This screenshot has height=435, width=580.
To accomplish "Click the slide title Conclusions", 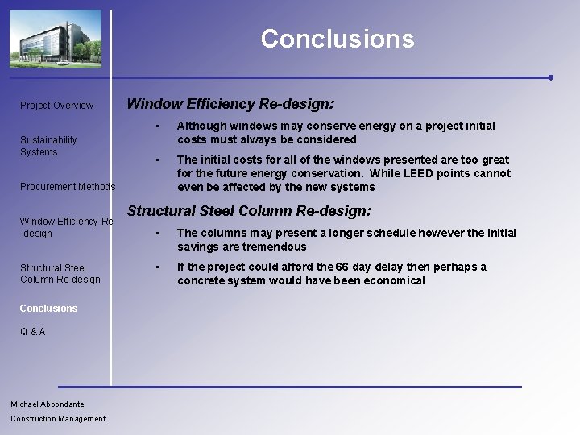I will [337, 39].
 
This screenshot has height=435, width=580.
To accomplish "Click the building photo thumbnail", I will [56, 38].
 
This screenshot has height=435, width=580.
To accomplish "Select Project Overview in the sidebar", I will [56, 106].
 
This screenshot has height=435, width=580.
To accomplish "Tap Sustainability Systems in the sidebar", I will [48, 146].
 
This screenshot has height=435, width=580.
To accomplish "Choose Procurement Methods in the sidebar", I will [68, 187].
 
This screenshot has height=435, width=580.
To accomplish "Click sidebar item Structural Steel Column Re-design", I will [60, 273].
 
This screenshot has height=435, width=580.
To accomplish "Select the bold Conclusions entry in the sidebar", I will [49, 309].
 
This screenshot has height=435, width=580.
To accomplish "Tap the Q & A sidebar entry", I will [33, 332].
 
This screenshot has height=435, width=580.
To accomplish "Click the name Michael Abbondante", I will [48, 404].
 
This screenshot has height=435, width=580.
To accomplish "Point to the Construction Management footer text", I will [58, 418].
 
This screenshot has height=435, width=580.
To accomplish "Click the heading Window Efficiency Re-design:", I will [230, 104].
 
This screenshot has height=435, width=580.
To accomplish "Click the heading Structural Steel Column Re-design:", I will [249, 211].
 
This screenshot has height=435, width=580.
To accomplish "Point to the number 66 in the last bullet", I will [342, 267].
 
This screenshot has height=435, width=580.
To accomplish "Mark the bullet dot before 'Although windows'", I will [159, 126].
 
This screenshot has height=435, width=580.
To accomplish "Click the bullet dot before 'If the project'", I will [159, 267].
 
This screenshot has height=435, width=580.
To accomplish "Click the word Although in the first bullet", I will [201, 126].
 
